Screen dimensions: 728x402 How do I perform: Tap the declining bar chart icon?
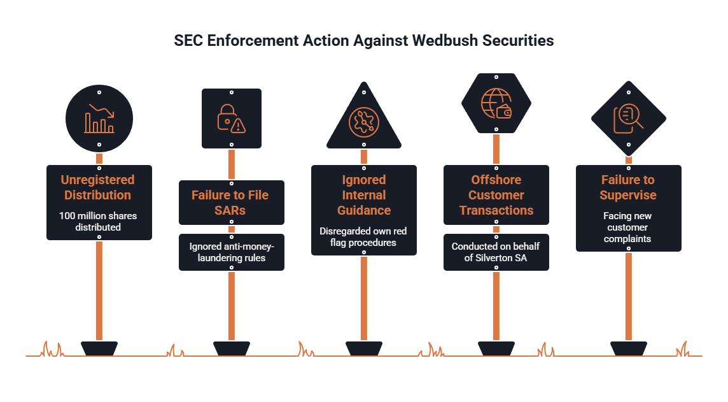coord(99,118)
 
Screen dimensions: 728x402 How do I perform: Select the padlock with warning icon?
coord(232,118)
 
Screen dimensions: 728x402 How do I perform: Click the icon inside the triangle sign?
coord(364,122)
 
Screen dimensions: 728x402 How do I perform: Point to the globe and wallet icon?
coord(496,104)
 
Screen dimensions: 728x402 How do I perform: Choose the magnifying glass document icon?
coord(629,118)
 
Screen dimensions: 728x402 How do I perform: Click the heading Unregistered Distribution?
coord(98,187)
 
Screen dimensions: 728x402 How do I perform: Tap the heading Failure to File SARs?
coord(230,203)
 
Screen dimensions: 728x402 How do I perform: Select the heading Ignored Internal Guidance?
coord(364,195)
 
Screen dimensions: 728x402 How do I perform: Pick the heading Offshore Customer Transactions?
coord(496,195)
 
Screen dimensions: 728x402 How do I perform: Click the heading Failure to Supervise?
coord(628,187)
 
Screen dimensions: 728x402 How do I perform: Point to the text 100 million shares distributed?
coord(98,221)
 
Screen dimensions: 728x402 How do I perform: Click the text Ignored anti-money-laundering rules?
coord(232,252)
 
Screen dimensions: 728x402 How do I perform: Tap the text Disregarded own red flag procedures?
coord(363,236)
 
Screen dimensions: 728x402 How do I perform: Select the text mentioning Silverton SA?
coord(496,252)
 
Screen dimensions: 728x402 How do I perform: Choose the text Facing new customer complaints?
coord(627,227)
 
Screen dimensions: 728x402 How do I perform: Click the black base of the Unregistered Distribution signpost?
coord(99,348)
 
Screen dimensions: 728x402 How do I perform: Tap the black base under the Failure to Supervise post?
coord(629,348)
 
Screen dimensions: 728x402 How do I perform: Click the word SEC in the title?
coord(188,40)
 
